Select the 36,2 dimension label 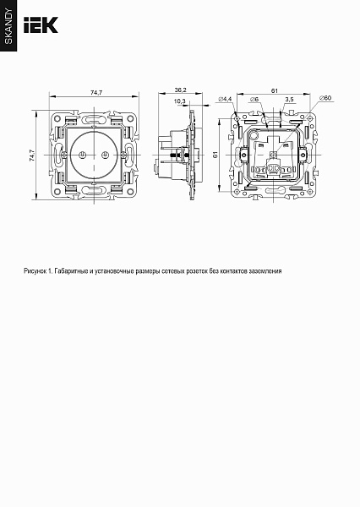click(179, 90)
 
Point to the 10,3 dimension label click(179, 101)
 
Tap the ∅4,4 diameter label click(225, 100)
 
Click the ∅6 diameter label click(253, 100)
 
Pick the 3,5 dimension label click(289, 100)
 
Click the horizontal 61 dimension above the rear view click(275, 90)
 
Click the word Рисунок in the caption click(38, 272)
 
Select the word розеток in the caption click(195, 272)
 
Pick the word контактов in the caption click(230, 272)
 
